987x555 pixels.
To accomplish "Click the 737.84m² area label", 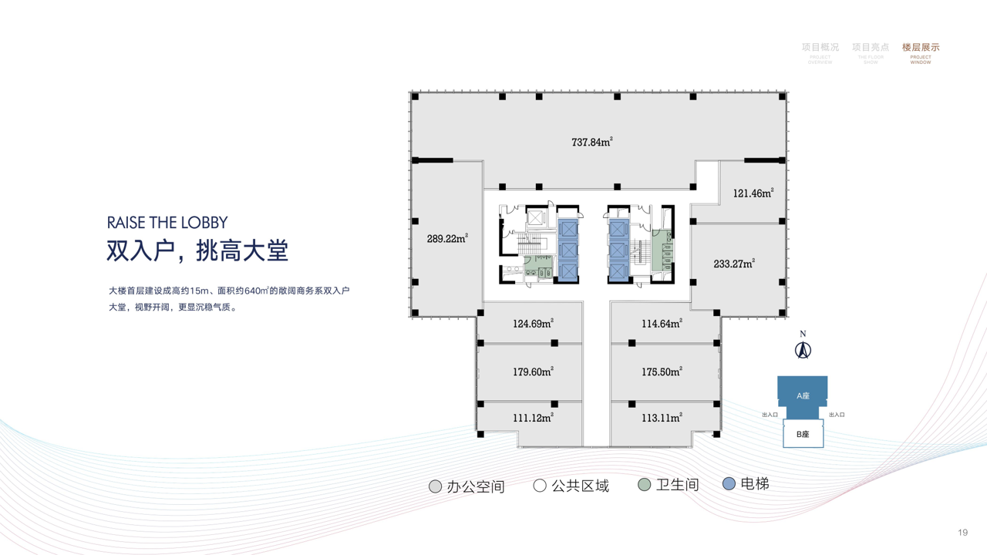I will click(591, 142).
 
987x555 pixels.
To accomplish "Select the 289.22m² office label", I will click(447, 238).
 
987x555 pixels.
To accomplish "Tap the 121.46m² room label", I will click(753, 193).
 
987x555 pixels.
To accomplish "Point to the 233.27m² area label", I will click(733, 264).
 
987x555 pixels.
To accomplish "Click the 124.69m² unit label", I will click(533, 324).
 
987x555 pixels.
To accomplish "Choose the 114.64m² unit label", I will click(662, 324).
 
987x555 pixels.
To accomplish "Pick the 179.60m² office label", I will click(533, 372).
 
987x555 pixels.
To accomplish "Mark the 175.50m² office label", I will click(662, 372).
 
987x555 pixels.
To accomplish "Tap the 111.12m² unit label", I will click(533, 418).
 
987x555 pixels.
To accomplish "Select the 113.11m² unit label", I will click(662, 418).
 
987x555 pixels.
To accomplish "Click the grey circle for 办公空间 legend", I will click(436, 486).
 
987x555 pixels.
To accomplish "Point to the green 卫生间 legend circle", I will click(645, 485).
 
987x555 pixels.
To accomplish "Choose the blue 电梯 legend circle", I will click(729, 484).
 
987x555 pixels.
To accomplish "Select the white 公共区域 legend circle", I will click(540, 486).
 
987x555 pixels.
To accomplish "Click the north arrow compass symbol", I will click(803, 349).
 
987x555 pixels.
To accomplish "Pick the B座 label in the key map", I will click(803, 434).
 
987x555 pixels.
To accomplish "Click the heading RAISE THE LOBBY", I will click(167, 223).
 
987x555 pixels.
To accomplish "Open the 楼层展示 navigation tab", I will click(921, 48).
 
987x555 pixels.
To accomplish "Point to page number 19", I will click(962, 533).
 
